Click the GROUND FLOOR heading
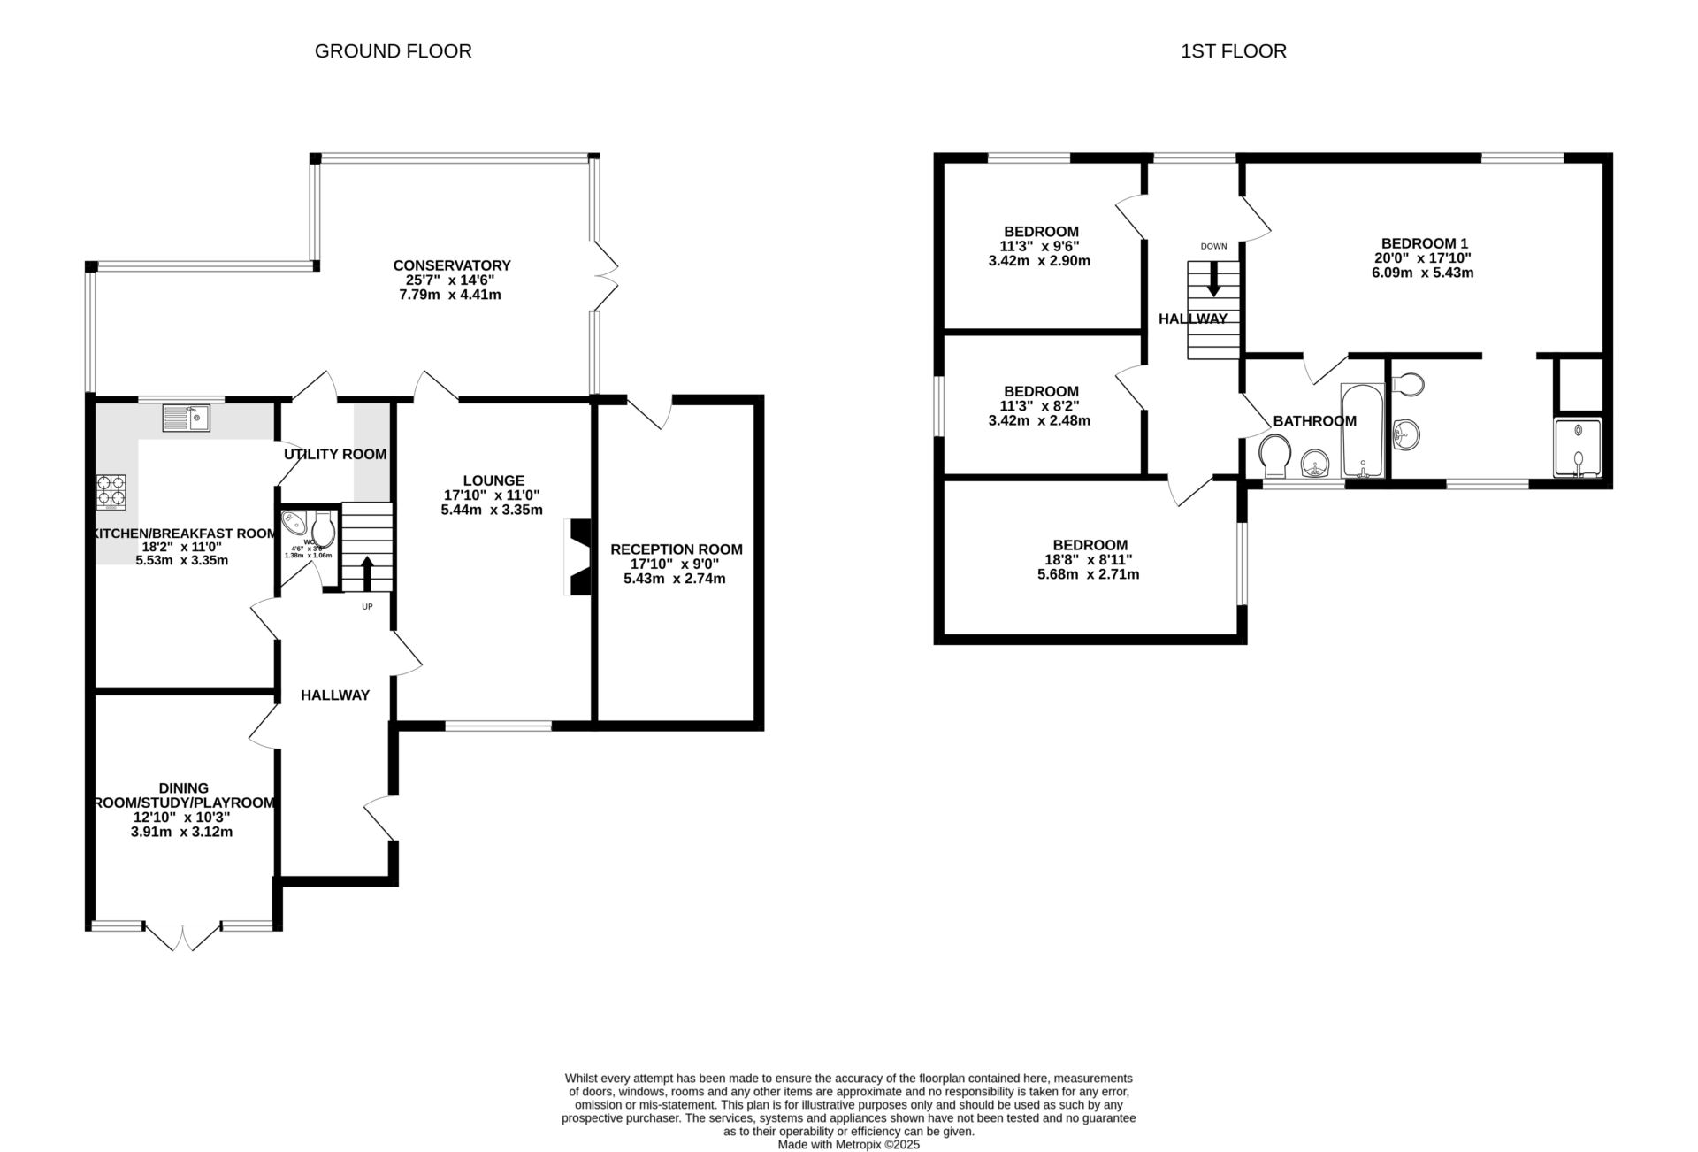(393, 51)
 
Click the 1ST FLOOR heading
(1233, 51)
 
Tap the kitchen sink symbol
(186, 417)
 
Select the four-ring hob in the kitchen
(111, 492)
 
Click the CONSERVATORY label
(452, 265)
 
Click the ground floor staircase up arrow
(366, 573)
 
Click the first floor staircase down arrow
(1213, 279)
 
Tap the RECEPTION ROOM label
(676, 549)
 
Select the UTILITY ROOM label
(335, 454)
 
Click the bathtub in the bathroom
(1362, 430)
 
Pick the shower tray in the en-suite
(1578, 448)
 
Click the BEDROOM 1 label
(1424, 243)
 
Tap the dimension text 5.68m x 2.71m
(1088, 574)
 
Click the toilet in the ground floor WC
(324, 530)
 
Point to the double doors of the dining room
(181, 938)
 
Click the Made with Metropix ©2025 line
(848, 1144)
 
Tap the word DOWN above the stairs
(1213, 246)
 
